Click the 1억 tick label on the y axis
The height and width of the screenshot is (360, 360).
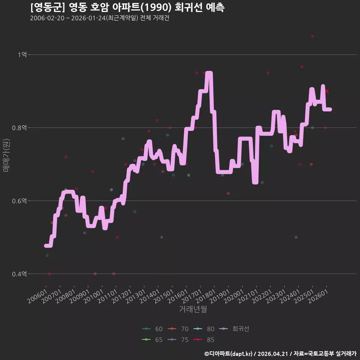[22, 55]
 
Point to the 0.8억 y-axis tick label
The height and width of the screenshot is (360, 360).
[19, 127]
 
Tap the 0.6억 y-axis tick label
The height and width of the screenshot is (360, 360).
[19, 201]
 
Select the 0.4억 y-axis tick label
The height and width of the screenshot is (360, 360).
[19, 274]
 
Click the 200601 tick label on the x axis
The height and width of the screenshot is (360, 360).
[37, 296]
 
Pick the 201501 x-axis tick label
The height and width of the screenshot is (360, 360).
[164, 296]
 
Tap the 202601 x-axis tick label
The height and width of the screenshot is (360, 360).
[318, 296]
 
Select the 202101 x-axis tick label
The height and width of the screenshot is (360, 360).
[248, 296]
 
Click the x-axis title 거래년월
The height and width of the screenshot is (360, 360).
[193, 309]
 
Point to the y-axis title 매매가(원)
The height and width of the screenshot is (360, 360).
[6, 155]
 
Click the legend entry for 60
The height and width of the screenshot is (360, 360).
[152, 329]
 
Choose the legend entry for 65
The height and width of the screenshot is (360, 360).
[152, 340]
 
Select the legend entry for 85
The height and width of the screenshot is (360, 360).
[204, 340]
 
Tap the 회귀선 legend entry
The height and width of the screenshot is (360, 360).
[234, 329]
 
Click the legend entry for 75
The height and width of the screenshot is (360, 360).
[178, 340]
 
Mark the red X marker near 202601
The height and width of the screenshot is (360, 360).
[327, 91]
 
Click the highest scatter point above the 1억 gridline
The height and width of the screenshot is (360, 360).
[312, 36]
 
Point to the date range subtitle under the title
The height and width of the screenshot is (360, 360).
[100, 18]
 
